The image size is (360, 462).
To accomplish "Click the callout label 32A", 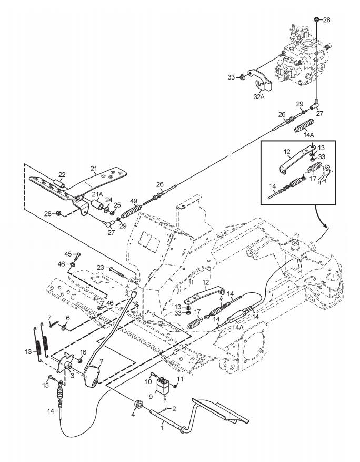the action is click(x=259, y=96).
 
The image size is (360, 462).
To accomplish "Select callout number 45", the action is click(x=68, y=254).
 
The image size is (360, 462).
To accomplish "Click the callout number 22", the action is click(x=62, y=174).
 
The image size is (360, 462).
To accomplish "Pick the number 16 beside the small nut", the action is click(x=83, y=352).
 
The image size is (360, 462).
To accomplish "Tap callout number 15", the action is click(x=46, y=385).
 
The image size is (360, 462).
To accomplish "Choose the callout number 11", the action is click(x=180, y=379).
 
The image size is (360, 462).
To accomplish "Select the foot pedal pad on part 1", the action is click(x=220, y=410).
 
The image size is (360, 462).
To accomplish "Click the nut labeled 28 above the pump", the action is click(x=316, y=19).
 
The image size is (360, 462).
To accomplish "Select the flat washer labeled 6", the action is click(x=64, y=327).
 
